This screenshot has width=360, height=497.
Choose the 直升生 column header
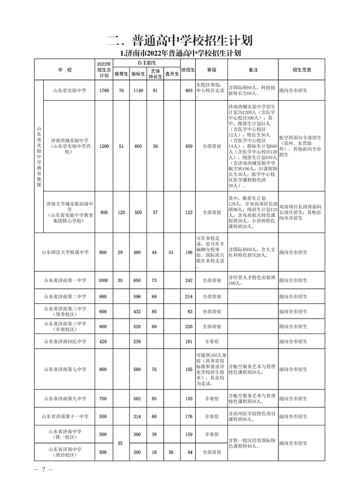click(171, 74)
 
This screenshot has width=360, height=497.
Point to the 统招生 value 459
click(188, 146)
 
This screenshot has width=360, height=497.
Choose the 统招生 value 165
click(188, 369)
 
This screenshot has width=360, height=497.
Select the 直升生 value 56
click(171, 451)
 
